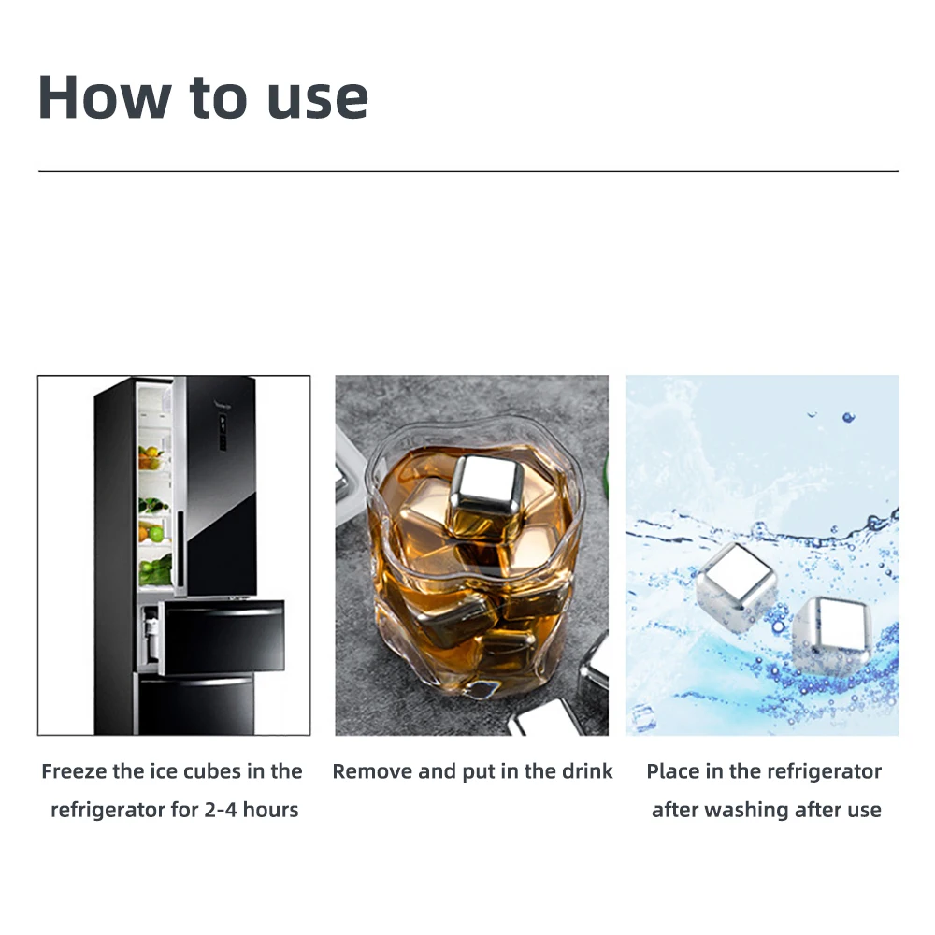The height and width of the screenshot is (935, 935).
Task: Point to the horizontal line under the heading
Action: point(467,171)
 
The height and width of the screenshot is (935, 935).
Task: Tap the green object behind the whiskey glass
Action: point(603,467)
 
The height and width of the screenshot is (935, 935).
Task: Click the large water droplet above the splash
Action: point(848,417)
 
